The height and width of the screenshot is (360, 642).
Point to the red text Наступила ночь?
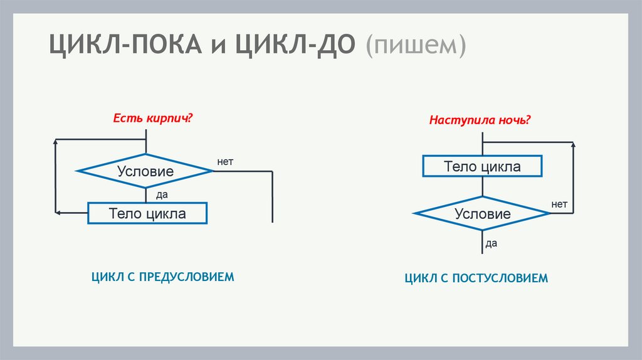coord(480,119)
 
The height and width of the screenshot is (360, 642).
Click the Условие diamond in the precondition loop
coord(145,171)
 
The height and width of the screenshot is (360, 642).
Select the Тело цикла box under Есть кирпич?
coord(147,213)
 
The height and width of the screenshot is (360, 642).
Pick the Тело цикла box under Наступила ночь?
coord(482,166)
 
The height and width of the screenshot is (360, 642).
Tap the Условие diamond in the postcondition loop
coord(482,214)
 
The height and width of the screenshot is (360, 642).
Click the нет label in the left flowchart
coord(225,161)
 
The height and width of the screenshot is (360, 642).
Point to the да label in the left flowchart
coord(162,194)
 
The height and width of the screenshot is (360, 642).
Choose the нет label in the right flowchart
coord(559,204)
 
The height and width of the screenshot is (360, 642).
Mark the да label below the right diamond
coord(491,243)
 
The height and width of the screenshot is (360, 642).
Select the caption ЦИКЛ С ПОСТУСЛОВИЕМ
coord(476,278)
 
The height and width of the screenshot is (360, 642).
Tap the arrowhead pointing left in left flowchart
coord(58,213)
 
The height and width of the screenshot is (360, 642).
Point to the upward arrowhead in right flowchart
coord(573,146)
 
